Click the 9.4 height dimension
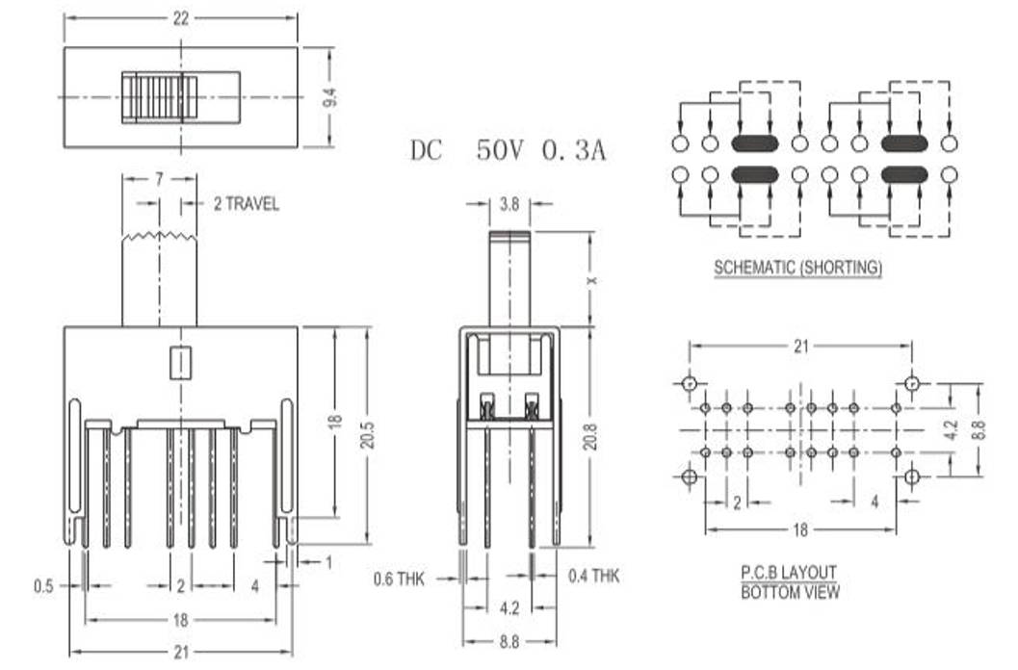click(329, 97)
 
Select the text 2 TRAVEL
click(246, 204)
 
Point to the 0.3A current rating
click(575, 150)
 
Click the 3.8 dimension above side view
click(509, 204)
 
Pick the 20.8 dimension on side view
click(590, 436)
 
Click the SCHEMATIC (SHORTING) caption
click(797, 268)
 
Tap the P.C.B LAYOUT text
click(789, 572)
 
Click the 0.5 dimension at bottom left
click(42, 585)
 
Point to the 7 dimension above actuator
click(159, 181)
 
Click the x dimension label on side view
click(591, 279)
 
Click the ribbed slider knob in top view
click(159, 96)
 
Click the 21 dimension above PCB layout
click(801, 347)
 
